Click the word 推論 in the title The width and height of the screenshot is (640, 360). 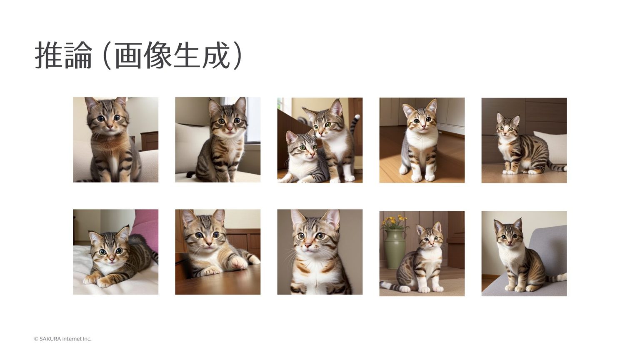[63, 55]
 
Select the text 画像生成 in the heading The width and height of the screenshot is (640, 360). [172, 55]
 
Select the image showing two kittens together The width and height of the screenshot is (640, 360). [320, 140]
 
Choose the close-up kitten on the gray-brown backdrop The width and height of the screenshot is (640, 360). [320, 252]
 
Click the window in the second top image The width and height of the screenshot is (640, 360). [252, 121]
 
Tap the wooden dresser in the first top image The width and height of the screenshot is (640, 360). [150, 141]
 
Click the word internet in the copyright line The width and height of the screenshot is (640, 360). [72, 339]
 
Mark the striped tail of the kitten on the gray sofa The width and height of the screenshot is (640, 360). [556, 278]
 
